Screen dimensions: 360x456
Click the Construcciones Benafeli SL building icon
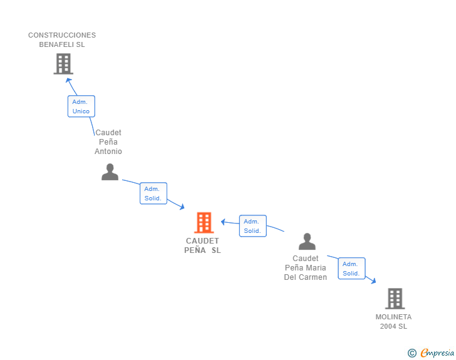[63, 64]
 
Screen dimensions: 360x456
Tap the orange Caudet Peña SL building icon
[204, 222]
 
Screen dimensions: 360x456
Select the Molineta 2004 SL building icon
[395, 299]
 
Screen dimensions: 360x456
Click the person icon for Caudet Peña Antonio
[110, 172]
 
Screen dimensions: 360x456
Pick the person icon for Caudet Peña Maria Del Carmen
[307, 242]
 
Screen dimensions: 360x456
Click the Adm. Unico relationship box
[81, 106]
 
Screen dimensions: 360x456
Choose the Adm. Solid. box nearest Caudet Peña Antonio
[153, 193]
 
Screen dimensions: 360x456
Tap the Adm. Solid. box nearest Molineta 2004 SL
[351, 269]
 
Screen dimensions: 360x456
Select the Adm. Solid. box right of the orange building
[252, 226]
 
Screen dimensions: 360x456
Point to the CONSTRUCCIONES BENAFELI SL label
[62, 40]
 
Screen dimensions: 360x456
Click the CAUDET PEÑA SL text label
[202, 245]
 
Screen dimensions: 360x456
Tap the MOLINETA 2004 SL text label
[393, 321]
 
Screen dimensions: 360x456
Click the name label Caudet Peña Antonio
[108, 142]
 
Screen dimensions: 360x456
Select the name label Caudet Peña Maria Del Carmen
[306, 267]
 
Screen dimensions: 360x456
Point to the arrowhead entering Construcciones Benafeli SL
[69, 80]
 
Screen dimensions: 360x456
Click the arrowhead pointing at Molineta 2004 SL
[373, 282]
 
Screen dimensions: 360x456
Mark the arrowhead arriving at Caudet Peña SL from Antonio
[181, 207]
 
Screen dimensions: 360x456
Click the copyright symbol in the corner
[412, 353]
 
